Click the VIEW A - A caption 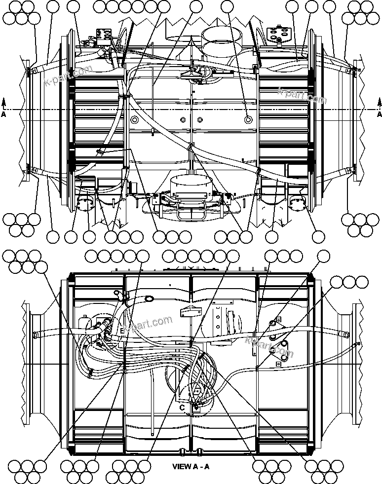pyautogui.click(x=191, y=466)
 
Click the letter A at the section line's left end pyautogui.click(x=4, y=114)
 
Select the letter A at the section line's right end pyautogui.click(x=379, y=114)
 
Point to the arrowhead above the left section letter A pyautogui.click(x=4, y=102)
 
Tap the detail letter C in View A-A pyautogui.click(x=182, y=408)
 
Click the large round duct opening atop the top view pyautogui.click(x=222, y=37)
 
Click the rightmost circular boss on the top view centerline pyautogui.click(x=248, y=119)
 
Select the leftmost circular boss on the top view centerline pyautogui.click(x=133, y=119)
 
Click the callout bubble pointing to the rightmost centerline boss pyautogui.click(x=227, y=6)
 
